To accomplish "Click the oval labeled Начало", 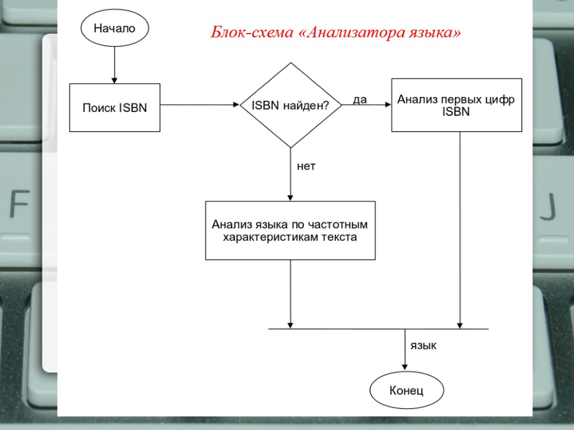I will [x=115, y=29].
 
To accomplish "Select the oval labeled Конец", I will [x=406, y=390].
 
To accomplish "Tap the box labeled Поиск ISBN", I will [x=114, y=108].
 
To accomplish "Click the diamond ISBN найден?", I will [x=290, y=105].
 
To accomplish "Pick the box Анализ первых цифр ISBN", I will [x=456, y=105].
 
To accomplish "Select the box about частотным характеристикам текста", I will [x=290, y=231].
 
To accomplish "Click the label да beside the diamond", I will [x=359, y=100].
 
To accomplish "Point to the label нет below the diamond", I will [x=306, y=166].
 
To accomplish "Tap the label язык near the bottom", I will [x=424, y=346].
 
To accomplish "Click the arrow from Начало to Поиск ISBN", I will [x=114, y=64].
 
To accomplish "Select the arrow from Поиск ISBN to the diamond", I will [x=200, y=105].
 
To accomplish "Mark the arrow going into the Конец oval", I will [x=405, y=350].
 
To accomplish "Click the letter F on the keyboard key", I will [x=19, y=205].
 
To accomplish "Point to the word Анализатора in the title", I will [x=351, y=32].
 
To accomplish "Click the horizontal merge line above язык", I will [x=378, y=329].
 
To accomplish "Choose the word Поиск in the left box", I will [x=99, y=108].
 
